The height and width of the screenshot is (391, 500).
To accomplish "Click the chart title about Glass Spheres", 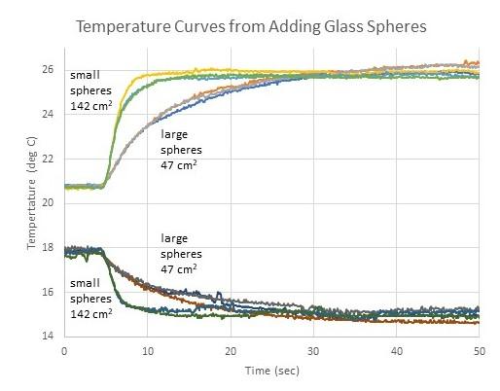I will (249, 26).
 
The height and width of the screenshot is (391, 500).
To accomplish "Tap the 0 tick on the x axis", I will (63, 350).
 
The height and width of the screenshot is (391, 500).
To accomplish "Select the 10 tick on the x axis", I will (146, 350).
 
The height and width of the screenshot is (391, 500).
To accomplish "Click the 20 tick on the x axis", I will (230, 350).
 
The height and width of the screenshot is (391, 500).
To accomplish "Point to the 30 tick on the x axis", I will (312, 350).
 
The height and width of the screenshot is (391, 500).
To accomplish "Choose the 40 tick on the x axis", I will (396, 350).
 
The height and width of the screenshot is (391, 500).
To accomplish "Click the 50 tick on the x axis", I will (479, 350).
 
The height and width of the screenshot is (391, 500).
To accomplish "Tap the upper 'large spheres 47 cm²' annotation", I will (179, 150).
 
